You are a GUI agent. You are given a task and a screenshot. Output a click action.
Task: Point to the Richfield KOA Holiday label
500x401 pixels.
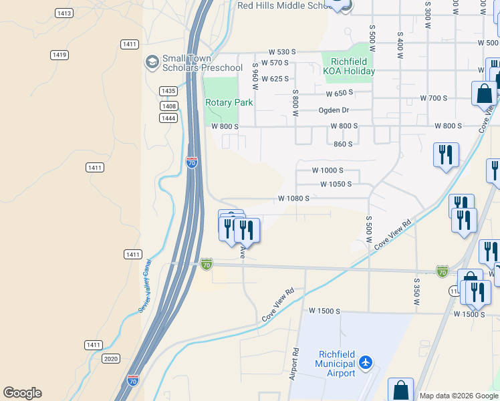[x=349, y=66]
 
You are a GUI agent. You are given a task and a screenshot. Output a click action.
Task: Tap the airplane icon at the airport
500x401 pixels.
[x=365, y=363]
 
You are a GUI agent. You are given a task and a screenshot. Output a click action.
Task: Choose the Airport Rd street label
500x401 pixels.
[x=294, y=364]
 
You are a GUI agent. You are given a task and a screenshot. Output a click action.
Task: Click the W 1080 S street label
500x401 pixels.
[x=293, y=198]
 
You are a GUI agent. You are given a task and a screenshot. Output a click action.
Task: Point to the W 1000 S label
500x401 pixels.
[x=328, y=170]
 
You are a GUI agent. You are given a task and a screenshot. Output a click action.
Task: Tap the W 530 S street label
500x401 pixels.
[x=281, y=51]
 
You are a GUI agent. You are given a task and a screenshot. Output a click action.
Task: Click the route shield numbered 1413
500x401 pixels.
[x=64, y=13]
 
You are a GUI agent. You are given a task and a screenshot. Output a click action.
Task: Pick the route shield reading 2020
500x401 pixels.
[x=112, y=359]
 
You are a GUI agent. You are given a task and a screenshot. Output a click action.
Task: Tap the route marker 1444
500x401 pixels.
[x=168, y=118]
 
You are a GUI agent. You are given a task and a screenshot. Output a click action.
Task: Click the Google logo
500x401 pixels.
[x=22, y=393]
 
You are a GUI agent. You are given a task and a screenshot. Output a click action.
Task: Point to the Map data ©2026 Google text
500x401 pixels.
[x=458, y=396]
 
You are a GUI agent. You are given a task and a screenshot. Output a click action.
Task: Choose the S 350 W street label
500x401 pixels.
[x=416, y=292]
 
